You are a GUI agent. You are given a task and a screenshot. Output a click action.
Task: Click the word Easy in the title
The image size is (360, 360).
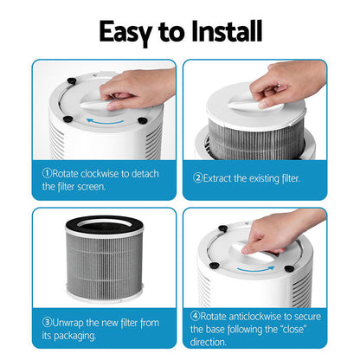click(x=127, y=31)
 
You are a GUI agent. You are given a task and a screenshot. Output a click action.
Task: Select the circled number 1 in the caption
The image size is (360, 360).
click(x=47, y=173)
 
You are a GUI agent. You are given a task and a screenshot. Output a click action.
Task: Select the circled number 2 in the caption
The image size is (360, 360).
click(x=197, y=178)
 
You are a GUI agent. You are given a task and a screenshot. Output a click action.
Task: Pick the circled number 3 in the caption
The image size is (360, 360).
click(x=47, y=323)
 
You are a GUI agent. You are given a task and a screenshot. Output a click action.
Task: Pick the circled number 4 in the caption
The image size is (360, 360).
click(x=197, y=317)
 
